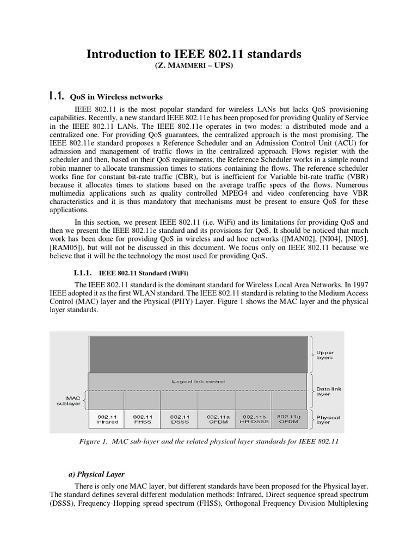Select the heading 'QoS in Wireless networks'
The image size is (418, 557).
click(116, 97)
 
